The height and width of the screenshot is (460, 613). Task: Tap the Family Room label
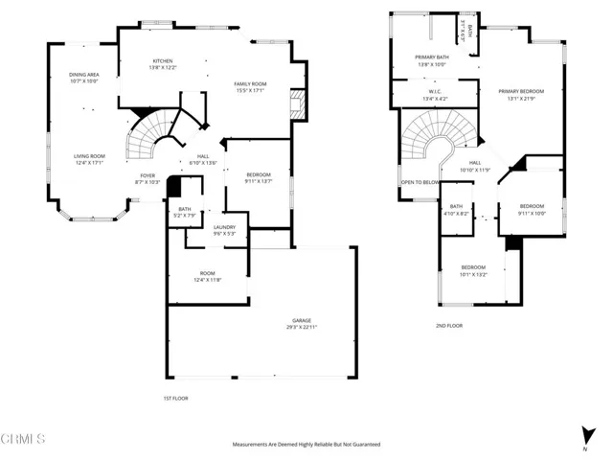250,84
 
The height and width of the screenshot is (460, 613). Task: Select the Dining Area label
85,74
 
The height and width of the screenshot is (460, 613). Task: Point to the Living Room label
89,156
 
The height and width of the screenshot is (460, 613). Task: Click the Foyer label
148,175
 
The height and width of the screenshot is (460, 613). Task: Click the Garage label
303,320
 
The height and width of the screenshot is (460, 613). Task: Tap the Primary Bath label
430,57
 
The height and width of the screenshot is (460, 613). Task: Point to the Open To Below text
420,181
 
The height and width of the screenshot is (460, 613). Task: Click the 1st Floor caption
175,397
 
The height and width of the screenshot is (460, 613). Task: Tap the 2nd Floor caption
449,326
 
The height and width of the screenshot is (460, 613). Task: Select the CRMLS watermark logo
23,440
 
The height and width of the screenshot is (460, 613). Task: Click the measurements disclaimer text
306,445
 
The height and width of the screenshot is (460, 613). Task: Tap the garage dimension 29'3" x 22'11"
303,327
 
